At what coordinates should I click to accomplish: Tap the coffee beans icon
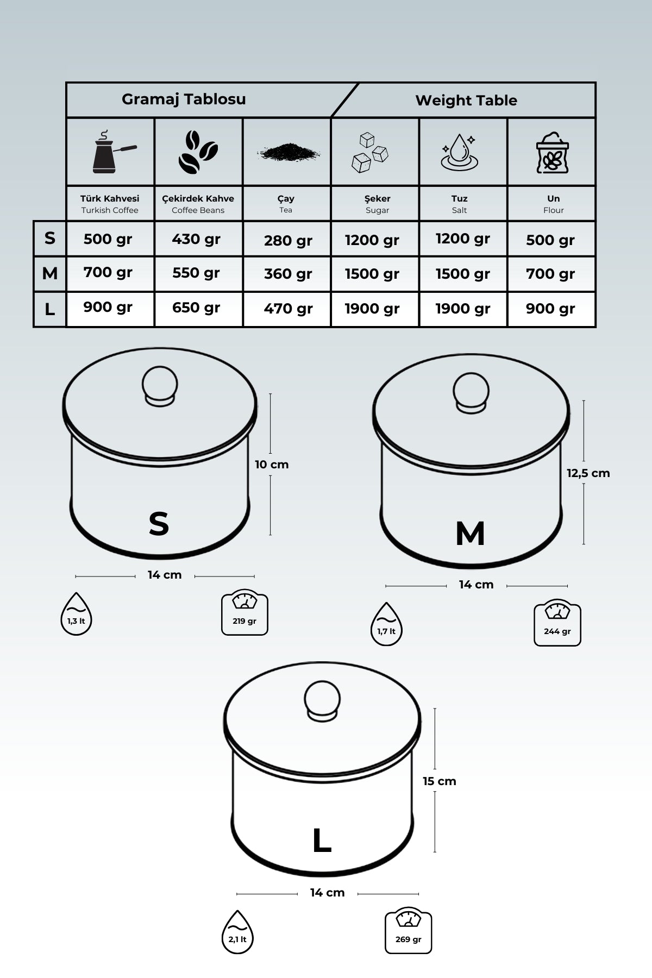coord(198,152)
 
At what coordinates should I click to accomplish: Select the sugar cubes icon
coord(370,153)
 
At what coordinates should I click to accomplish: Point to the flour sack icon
coord(552,153)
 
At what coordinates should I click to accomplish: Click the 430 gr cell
coord(196,239)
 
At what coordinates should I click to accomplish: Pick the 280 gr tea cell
coord(288,240)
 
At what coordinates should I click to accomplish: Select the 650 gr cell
coord(196,308)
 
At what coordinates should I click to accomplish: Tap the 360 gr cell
coord(288,274)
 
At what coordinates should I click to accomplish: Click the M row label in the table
coord(49,273)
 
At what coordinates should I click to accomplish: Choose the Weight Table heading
coord(466,101)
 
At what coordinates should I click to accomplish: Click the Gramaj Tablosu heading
coord(184,99)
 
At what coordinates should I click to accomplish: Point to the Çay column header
coord(286,203)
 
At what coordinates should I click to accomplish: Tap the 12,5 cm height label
coord(588,473)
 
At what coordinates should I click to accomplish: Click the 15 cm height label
coord(439,781)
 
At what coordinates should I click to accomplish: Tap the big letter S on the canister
coord(159,524)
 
